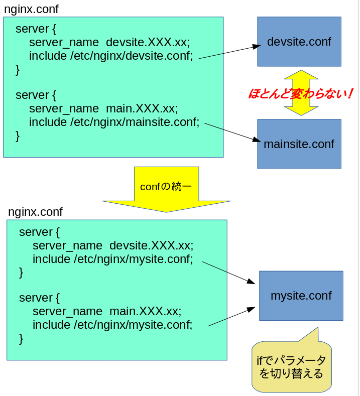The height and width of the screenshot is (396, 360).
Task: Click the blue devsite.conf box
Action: tap(299, 42)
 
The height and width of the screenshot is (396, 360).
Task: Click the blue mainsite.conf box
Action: tap(299, 144)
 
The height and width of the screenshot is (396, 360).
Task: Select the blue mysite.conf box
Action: tap(301, 296)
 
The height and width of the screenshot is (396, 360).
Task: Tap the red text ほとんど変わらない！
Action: tap(300, 93)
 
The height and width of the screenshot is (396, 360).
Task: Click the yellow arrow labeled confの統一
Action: tap(166, 188)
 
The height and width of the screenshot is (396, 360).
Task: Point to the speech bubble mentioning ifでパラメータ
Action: tap(291, 367)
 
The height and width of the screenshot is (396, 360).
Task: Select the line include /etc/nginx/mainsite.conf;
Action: tap(114, 122)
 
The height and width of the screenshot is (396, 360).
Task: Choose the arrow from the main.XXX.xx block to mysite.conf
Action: tap(231, 317)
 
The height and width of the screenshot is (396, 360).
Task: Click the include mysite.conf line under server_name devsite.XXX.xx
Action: tap(112, 259)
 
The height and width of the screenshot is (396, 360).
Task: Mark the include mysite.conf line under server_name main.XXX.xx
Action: tap(112, 325)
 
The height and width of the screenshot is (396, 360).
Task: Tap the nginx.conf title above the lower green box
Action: tap(35, 212)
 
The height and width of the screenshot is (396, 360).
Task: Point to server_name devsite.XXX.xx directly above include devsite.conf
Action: tap(109, 42)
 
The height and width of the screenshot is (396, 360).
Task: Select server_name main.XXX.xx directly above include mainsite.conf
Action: tap(103, 108)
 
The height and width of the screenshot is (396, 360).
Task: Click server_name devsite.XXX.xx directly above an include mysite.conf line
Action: tap(113, 245)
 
